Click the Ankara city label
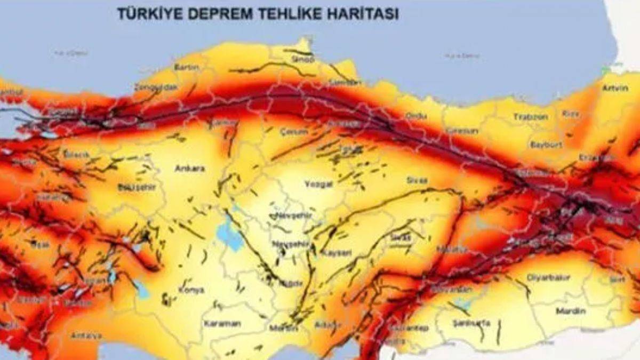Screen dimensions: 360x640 [x=190, y=169]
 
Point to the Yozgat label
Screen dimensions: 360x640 [x=318, y=184]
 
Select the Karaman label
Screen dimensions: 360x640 [x=222, y=324]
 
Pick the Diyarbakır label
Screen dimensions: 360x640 [x=548, y=277]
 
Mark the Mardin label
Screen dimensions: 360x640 [x=571, y=311]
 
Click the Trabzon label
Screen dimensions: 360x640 [x=531, y=117]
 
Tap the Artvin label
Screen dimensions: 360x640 [x=615, y=88]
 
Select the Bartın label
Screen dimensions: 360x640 [x=187, y=67]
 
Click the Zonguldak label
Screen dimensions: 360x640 [x=155, y=86]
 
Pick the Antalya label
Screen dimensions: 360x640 [x=86, y=336]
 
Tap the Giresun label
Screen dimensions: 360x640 [x=462, y=130]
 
